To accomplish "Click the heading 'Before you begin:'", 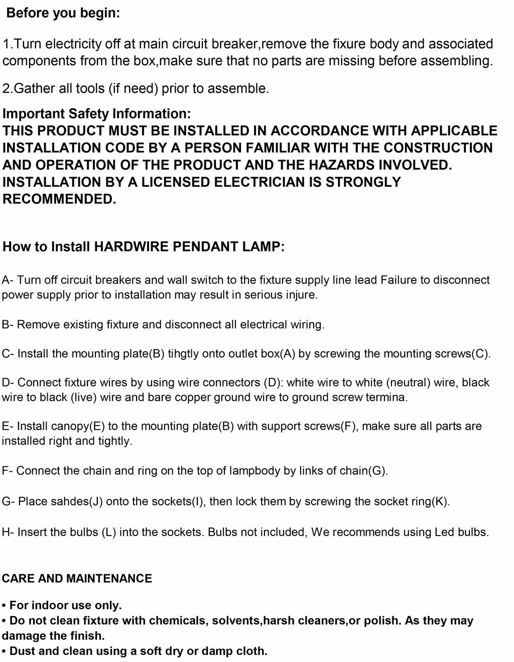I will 63,13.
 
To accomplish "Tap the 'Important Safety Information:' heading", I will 96,114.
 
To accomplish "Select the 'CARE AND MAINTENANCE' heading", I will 77,579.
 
